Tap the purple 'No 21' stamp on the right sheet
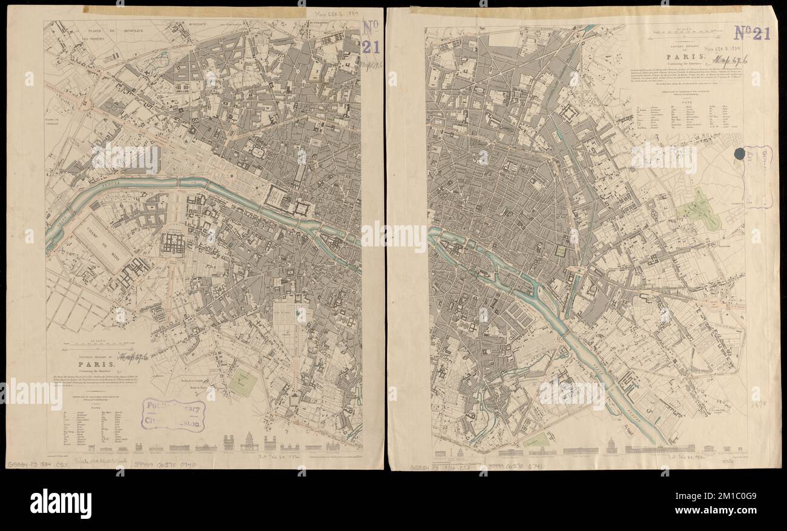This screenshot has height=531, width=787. pos(752,33)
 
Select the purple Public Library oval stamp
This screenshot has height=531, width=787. pos(174,415)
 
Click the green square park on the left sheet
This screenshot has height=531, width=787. pos(243,383)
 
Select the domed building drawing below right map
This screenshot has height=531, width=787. pos(611,447)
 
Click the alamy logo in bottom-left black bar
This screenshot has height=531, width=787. pos(61,503)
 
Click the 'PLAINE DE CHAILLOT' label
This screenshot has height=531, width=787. pos(57,123)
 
